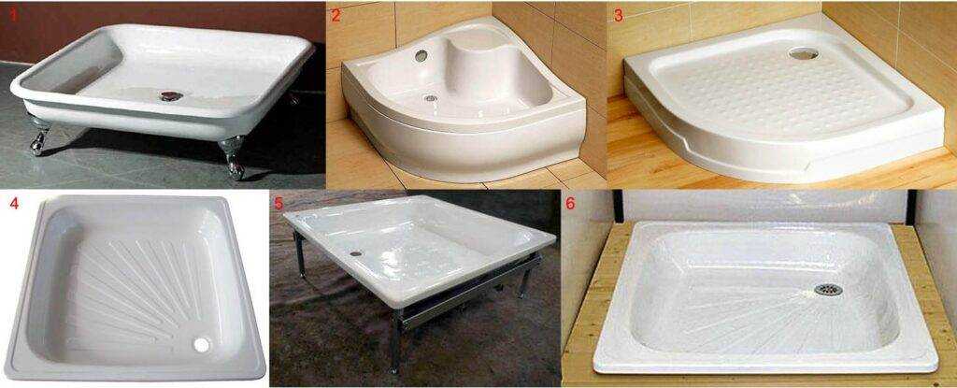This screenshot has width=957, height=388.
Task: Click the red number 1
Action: coord(13,15)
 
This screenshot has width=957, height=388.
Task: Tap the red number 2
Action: coord(336,15)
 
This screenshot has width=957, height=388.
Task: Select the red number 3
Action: coord(619,15)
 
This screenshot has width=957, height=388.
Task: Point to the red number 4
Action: coord(13,204)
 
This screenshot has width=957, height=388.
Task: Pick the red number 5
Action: coord(279,204)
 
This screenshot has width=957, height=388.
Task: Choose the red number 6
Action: coord(570,204)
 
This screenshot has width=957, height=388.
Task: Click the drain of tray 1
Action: coord(170,96)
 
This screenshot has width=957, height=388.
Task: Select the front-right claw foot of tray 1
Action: coord(233,158)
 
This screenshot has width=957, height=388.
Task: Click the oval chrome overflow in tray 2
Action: coord(421,55)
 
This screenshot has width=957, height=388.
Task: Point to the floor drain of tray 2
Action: coord(431,98)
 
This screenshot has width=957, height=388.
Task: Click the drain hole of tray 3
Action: coord(803,54)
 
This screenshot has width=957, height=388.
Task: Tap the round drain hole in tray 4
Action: coord(201,345)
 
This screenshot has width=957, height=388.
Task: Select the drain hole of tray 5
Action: coord(355,253)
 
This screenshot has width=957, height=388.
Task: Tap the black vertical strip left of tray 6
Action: coord(618,206)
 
